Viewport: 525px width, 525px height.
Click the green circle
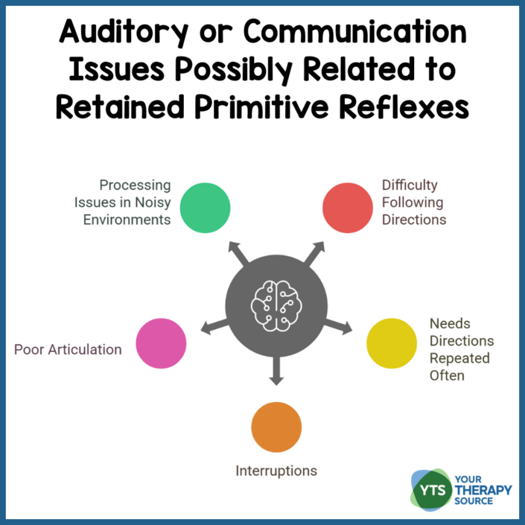[205, 207]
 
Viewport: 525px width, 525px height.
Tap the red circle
[347, 207]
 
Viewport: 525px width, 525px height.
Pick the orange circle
[276, 427]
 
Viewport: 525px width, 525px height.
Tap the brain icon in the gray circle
[276, 303]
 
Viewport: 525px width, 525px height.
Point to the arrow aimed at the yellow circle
[340, 323]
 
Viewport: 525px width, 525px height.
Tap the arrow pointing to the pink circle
[212, 324]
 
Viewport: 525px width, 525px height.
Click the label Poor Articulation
[68, 349]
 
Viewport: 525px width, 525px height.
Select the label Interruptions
[276, 471]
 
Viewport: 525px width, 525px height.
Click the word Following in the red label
[412, 202]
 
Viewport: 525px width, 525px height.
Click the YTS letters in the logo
[429, 490]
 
